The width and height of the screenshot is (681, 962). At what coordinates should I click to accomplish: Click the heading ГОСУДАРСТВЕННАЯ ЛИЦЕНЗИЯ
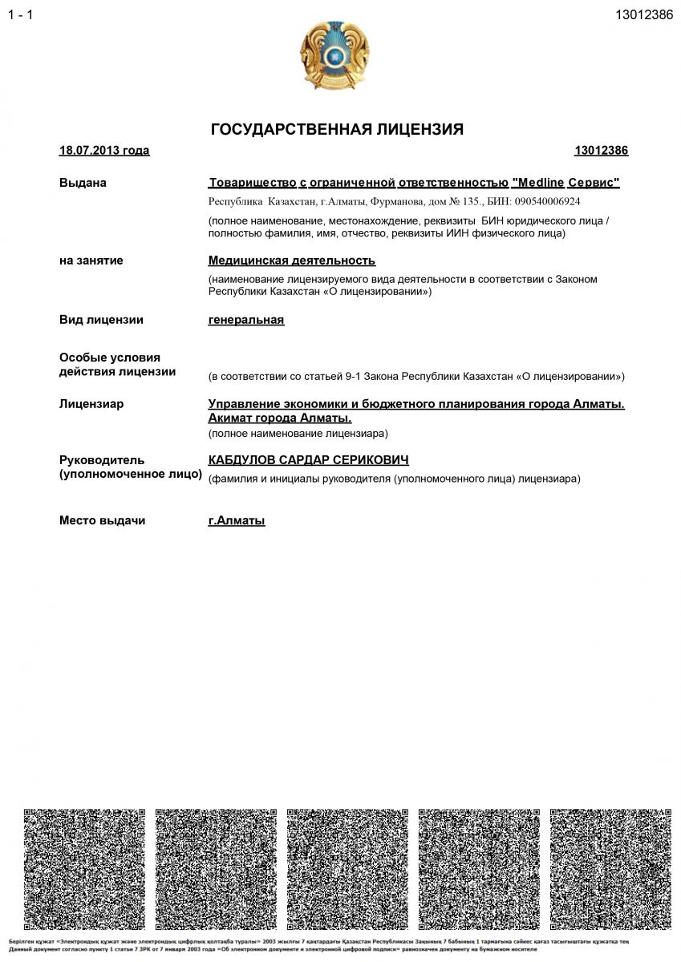pos(337,129)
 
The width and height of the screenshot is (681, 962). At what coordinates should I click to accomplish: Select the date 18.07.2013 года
pos(104,151)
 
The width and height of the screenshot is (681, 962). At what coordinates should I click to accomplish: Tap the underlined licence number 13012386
pos(601,151)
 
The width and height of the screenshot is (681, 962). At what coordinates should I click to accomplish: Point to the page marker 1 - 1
pos(21,15)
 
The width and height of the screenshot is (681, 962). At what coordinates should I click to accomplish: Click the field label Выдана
pos(83,183)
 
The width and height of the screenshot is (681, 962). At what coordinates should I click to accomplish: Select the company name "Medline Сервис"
pos(565,183)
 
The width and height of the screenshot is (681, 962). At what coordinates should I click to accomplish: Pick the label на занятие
pos(91,261)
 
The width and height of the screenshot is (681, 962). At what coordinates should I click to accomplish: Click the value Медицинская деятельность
pos(292,261)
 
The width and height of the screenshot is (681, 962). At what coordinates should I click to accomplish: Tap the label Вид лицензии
pos(101,320)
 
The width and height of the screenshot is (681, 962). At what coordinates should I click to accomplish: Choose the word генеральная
pos(246,320)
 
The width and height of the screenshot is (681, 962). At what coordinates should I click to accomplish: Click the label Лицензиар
pos(91,404)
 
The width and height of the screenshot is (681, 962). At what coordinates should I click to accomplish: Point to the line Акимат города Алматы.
pos(280,418)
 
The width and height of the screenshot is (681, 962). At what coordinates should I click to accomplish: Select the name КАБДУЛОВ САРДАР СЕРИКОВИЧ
pos(309,460)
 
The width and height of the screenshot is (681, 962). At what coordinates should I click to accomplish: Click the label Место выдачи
pos(102,521)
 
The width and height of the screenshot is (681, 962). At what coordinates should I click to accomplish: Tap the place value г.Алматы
pos(237,521)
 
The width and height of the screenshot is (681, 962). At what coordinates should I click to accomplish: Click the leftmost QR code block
pos(84,869)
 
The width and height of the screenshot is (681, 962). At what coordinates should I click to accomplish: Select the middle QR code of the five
pos(347,869)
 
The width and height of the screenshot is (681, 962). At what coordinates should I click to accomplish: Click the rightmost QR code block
pos(610,869)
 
